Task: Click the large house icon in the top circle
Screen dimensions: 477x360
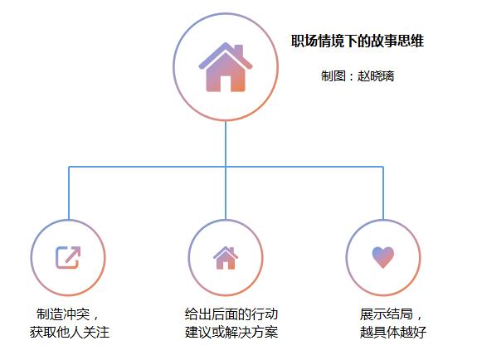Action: click(226, 67)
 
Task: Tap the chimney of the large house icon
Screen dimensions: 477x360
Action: click(239, 51)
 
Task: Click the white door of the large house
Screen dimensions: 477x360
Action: click(226, 84)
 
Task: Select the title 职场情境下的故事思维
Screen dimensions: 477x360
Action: click(358, 41)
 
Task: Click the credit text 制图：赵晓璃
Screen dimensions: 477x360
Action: click(358, 75)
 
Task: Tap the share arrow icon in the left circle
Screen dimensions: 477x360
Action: click(68, 257)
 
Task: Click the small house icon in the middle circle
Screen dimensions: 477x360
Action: click(226, 258)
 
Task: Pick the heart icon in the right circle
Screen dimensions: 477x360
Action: click(383, 257)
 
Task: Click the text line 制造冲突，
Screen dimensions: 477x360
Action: click(67, 314)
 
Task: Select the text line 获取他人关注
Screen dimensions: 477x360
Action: click(70, 332)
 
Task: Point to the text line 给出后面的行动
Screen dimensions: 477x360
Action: click(231, 314)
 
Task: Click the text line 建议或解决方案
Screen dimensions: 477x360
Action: click(231, 332)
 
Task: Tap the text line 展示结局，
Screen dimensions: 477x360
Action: click(392, 314)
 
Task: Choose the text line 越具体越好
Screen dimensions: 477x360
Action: click(393, 332)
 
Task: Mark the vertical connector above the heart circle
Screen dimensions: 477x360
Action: click(383, 193)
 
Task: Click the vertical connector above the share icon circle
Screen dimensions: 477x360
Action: click(69, 193)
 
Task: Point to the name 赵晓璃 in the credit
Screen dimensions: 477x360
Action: click(376, 75)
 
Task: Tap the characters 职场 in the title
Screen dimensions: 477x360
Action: click(304, 41)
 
